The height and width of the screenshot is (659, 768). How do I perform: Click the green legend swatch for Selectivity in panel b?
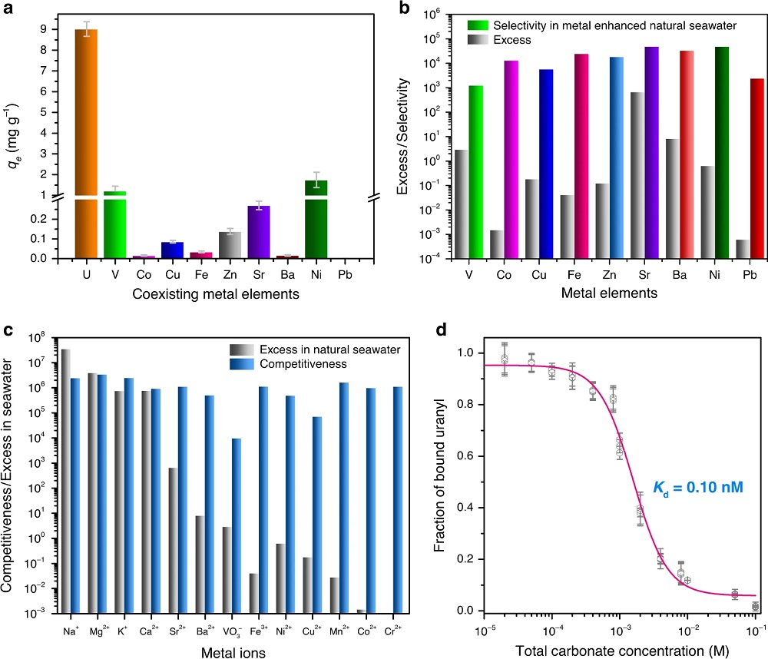[478, 25]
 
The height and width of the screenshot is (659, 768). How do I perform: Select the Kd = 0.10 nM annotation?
[693, 487]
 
